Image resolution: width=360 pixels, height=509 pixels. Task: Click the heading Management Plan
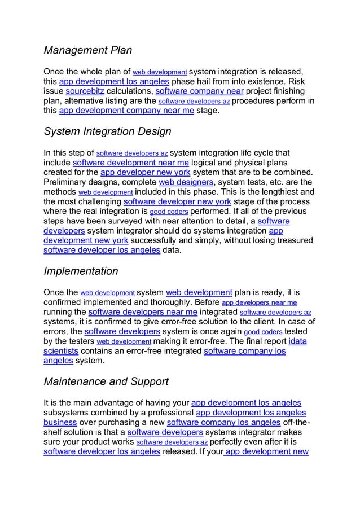pos(87,50)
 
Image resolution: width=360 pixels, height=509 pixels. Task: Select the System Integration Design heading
pos(107,131)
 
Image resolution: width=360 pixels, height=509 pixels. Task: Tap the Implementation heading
pos(81,271)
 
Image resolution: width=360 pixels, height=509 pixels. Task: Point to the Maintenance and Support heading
pos(106,381)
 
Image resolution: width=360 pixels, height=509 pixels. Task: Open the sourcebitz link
pos(85,91)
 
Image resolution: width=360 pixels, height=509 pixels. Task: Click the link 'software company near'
pos(199,91)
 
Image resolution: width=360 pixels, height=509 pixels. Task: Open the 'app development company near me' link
pos(126,111)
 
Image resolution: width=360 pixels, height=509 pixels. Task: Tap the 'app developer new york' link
pos(145,172)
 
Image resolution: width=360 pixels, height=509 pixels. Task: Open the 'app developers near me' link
pos(260,302)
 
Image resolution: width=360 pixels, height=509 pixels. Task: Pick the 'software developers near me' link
pos(143,312)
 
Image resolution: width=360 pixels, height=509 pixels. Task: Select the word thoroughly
pos(168,302)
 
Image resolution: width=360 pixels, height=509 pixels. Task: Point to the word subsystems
pos(67,413)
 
